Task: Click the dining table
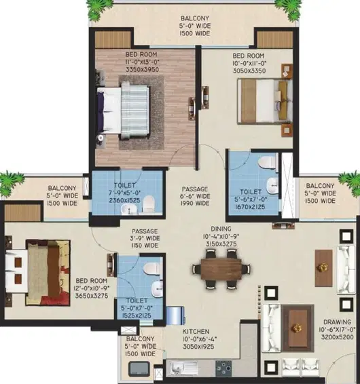221,269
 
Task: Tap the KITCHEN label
196,332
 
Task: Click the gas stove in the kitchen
223,368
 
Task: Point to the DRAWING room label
337,322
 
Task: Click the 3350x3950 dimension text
142,70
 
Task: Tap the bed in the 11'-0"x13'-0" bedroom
123,111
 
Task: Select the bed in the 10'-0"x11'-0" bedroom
265,104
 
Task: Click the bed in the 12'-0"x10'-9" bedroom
38,272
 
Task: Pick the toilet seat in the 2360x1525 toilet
148,204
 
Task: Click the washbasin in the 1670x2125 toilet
272,185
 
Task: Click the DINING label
221,229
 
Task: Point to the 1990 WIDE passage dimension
195,204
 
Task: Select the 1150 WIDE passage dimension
145,246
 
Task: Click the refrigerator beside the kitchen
175,315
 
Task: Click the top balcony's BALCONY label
195,18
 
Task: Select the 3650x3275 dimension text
92,296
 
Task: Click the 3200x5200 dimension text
338,337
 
